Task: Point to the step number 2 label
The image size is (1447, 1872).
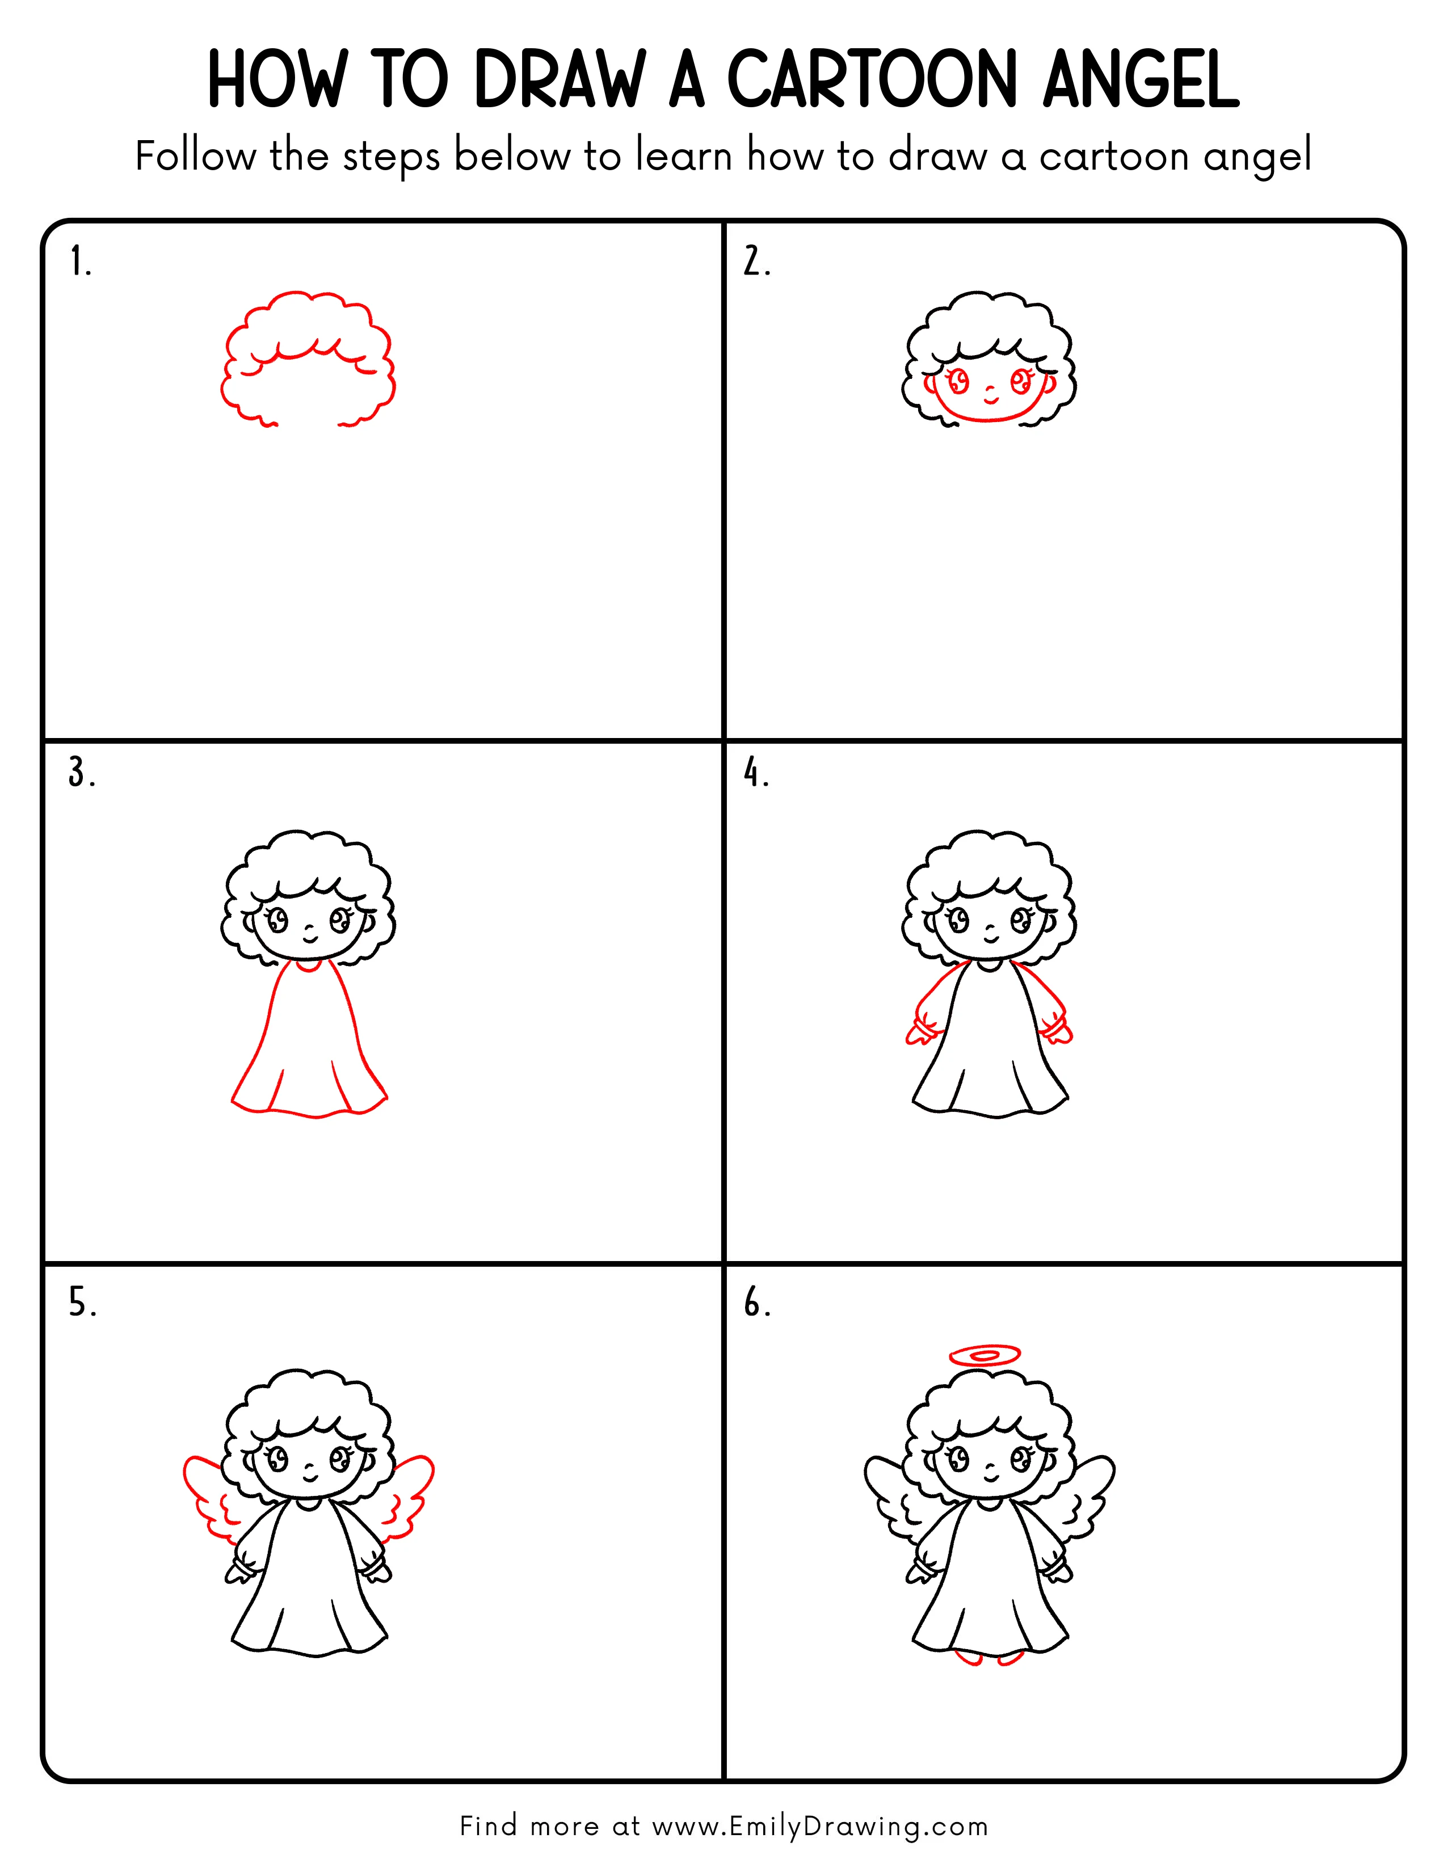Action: point(756,262)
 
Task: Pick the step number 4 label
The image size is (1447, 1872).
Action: point(756,773)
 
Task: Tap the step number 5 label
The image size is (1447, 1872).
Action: point(82,1303)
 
